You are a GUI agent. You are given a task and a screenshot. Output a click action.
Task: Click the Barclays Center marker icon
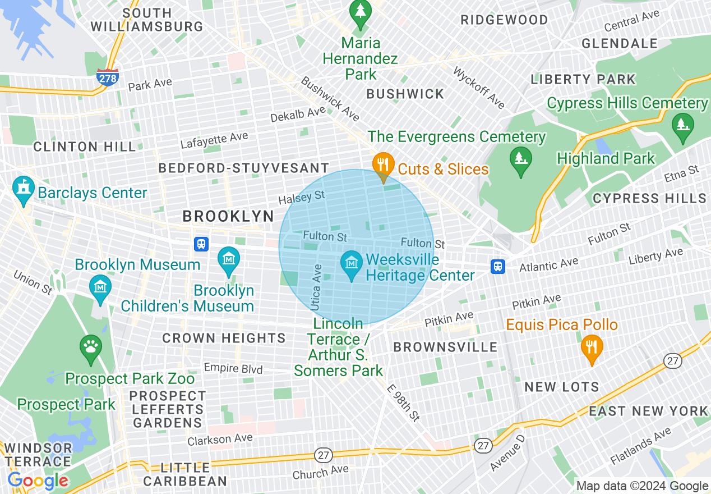(24, 191)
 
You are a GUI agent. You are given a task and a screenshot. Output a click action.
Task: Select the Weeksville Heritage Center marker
(352, 266)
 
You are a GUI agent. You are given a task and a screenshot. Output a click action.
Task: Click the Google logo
(38, 481)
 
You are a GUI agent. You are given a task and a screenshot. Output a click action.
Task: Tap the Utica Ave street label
(316, 287)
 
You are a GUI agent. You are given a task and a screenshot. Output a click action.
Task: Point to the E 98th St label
(403, 402)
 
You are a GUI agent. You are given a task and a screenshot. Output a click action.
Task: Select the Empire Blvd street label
(233, 368)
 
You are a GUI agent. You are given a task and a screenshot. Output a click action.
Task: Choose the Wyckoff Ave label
(478, 88)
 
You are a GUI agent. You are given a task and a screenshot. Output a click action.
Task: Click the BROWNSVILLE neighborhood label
(445, 347)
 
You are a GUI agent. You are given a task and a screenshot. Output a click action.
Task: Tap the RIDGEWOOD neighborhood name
(504, 20)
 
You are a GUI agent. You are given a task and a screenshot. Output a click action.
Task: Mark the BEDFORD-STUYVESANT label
(243, 168)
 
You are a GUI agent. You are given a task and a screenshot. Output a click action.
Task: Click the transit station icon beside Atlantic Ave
(497, 266)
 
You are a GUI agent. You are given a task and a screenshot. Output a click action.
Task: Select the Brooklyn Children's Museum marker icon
(228, 260)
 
